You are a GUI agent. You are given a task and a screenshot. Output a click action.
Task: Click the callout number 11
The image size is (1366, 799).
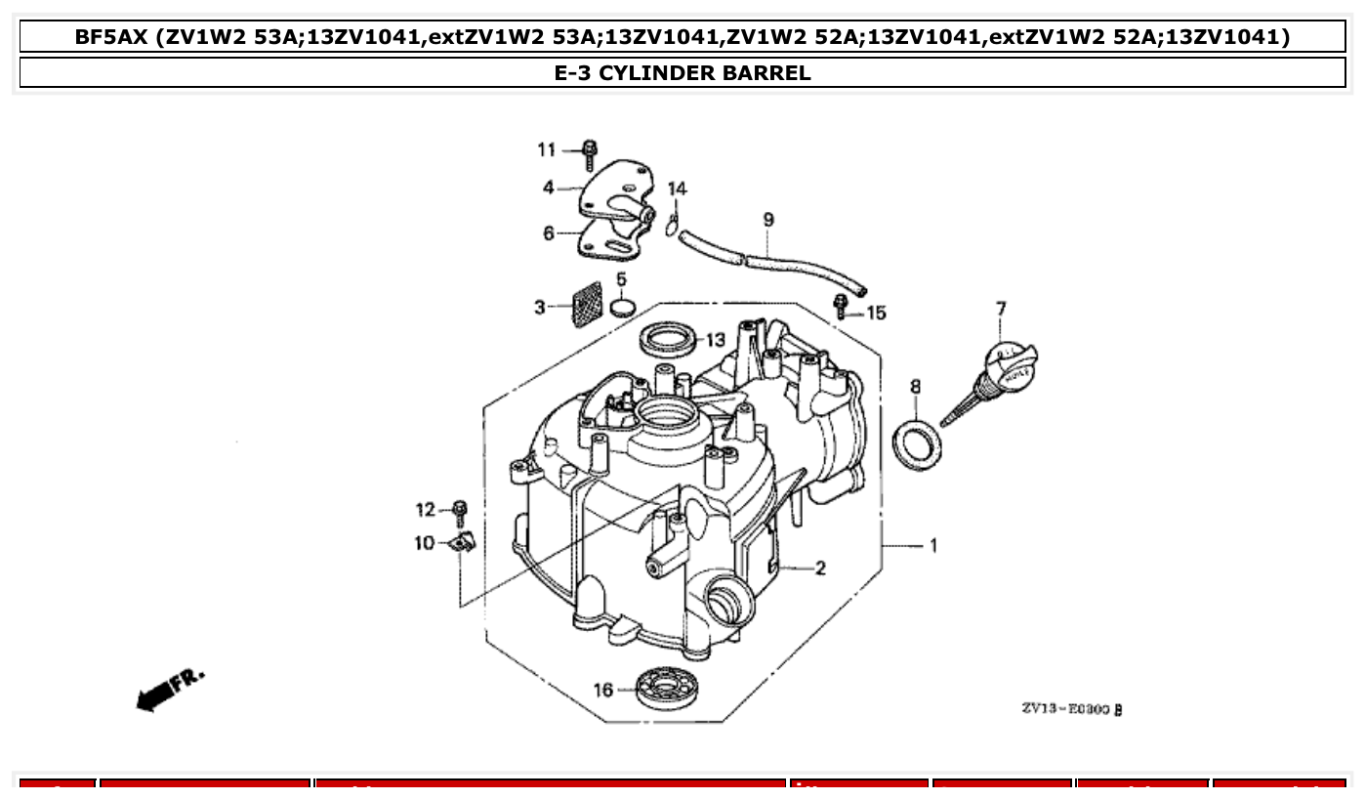546,149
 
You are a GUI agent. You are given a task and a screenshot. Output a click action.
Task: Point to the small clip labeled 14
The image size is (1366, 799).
673,224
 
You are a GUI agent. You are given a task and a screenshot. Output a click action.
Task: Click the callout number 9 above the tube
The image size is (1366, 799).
768,220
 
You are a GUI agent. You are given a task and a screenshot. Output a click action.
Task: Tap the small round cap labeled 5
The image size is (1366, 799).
622,309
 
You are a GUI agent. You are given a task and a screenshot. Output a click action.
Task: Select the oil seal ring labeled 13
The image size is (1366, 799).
670,338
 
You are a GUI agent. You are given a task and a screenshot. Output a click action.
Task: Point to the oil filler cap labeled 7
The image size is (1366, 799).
1012,366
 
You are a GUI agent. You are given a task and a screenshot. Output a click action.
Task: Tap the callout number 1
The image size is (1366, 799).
932,545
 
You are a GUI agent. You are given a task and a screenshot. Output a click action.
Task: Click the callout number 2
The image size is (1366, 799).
820,568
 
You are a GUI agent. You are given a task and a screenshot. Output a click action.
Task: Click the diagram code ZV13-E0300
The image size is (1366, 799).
1071,709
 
